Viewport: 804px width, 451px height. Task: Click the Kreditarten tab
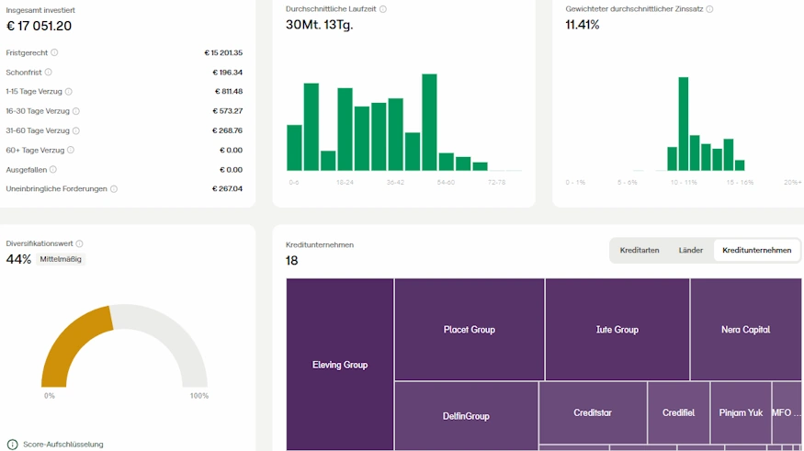(x=640, y=250)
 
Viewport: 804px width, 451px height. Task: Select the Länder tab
(x=690, y=250)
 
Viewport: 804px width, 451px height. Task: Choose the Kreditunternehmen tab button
(x=756, y=250)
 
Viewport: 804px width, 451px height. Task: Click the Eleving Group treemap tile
(x=340, y=365)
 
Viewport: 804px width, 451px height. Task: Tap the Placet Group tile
(x=470, y=329)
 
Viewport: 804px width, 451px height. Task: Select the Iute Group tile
(x=617, y=329)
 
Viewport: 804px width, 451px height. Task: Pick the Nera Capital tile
(x=745, y=329)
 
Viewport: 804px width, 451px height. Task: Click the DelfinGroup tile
(x=466, y=416)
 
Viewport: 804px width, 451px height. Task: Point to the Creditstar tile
(x=593, y=412)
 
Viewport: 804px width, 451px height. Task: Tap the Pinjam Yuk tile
(x=741, y=412)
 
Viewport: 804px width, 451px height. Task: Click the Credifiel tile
(x=678, y=412)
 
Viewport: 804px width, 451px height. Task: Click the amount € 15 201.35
(x=223, y=52)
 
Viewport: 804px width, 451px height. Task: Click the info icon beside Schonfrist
(x=49, y=72)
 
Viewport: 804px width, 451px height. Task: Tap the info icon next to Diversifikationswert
(x=80, y=243)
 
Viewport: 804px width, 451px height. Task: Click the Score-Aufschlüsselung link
(x=62, y=445)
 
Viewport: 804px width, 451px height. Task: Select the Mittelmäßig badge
(x=61, y=259)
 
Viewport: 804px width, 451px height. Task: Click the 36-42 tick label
(x=395, y=183)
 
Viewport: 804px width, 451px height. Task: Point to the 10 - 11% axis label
(x=684, y=183)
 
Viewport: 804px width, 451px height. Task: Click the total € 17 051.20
(x=39, y=26)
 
